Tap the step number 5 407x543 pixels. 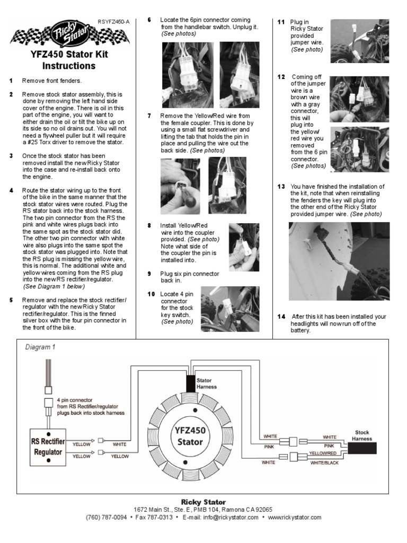pos(11,300)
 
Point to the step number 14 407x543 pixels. pos(281,317)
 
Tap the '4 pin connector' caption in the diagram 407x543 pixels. pos(75,400)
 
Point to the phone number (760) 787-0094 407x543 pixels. pos(106,517)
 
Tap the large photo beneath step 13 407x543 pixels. pos(339,261)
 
